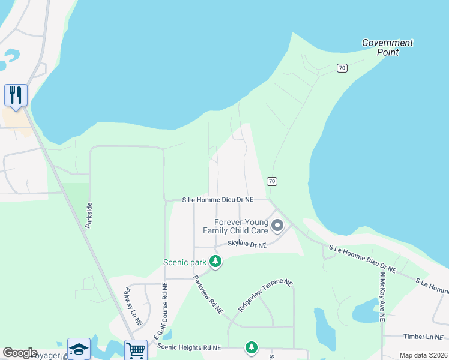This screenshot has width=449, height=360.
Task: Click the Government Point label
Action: point(387,47)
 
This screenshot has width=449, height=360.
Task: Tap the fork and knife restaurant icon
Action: point(16,95)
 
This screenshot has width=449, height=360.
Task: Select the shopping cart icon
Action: point(136,350)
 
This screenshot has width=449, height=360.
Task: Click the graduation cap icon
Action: point(79,350)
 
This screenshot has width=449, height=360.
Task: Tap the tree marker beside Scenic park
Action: point(215,262)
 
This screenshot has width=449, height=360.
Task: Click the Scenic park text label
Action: point(184,262)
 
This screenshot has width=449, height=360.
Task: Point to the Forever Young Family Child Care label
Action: point(235,226)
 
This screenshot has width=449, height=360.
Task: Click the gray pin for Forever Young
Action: point(277,226)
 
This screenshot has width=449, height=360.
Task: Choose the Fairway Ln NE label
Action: point(133,307)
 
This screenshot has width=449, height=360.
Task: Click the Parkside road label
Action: point(89,215)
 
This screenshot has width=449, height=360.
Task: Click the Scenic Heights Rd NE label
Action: point(189,347)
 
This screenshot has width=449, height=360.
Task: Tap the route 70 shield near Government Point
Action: point(342,68)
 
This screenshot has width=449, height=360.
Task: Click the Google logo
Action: point(20,353)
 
